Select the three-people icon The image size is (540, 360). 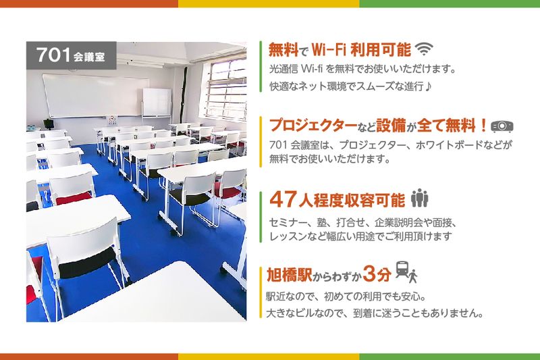pos(419,199)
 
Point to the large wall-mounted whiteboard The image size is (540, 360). pos(95,95)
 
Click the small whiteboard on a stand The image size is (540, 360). pos(157,103)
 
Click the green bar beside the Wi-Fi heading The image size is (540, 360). pos(261,66)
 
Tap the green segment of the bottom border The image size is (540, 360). pos(450,356)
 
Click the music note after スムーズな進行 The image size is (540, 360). pos(429,86)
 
